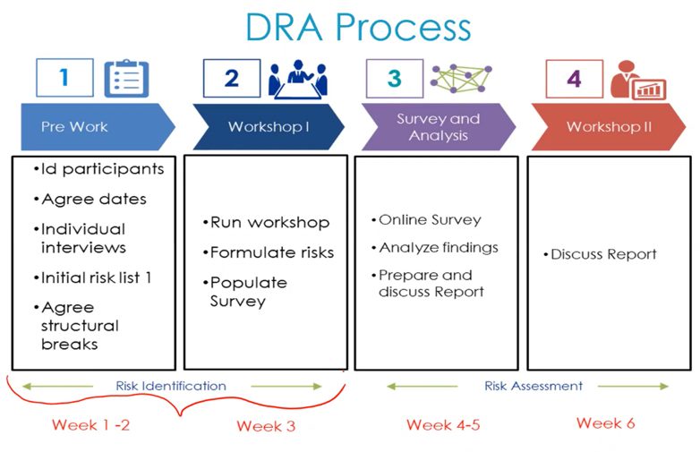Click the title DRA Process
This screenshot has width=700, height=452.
point(358,27)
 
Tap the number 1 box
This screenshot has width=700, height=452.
point(64,78)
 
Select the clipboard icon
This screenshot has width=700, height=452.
point(126,78)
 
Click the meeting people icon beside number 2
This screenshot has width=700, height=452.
point(298,79)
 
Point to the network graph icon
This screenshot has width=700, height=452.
point(461,79)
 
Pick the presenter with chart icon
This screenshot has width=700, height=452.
point(638,80)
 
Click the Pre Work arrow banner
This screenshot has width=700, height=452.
point(98,127)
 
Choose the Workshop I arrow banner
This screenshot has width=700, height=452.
point(269,127)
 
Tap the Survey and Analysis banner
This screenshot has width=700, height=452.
point(439,127)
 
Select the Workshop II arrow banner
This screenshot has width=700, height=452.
point(609,127)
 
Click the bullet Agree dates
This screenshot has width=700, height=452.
point(90,199)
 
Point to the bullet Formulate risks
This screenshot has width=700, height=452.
point(269,252)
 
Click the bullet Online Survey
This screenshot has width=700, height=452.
point(426,219)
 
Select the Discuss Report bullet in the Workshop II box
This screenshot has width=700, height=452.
point(600,254)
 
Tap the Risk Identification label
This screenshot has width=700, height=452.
point(171,386)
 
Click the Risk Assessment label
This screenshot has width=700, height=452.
point(534,386)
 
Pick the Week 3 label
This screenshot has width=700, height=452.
point(266,426)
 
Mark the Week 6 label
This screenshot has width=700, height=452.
point(606,423)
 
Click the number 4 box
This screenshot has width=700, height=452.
point(575,79)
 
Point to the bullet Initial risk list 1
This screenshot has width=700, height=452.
point(92,278)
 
